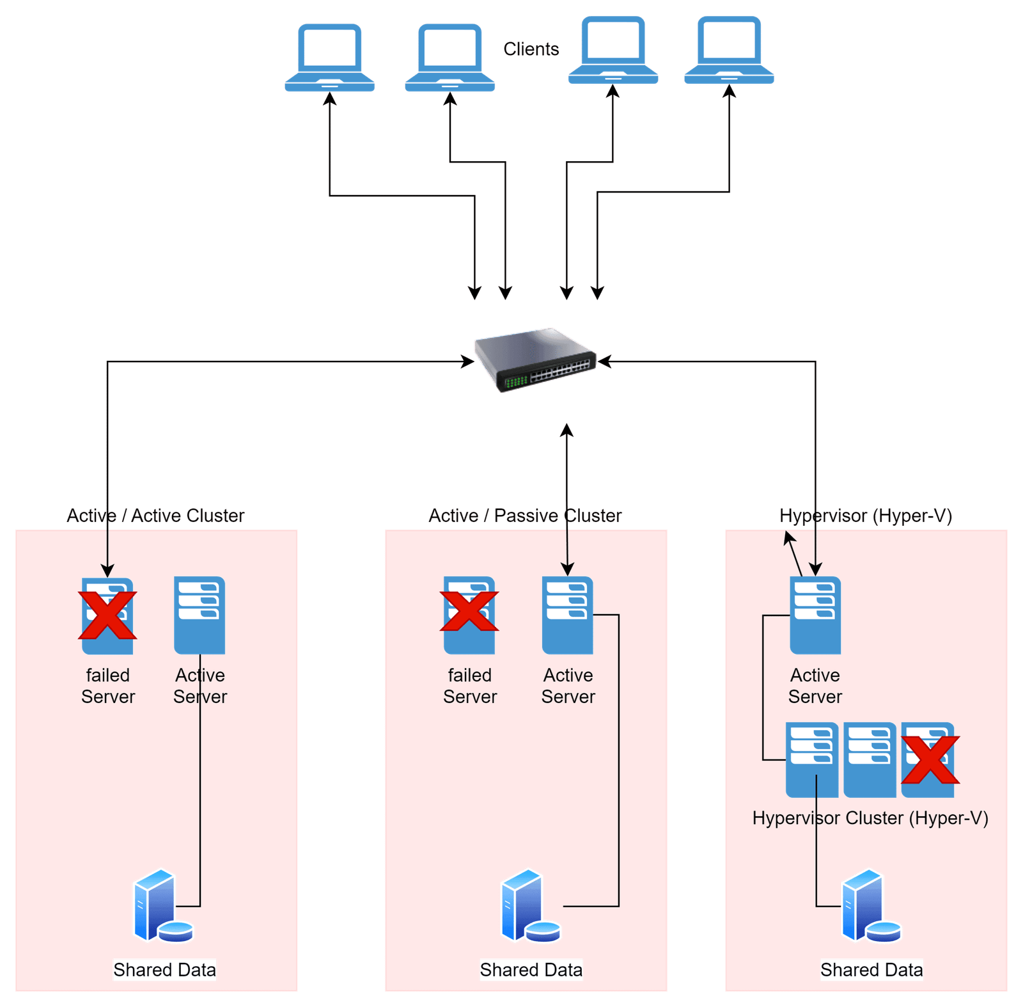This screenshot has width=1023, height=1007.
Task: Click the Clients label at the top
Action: pos(531,49)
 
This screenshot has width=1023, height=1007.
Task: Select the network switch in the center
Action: pos(535,359)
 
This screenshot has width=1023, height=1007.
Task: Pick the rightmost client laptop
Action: pos(729,51)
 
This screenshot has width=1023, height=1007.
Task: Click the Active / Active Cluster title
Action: pos(155,516)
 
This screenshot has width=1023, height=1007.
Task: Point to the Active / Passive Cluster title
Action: pos(525,516)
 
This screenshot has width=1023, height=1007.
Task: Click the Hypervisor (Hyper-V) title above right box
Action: pos(866,516)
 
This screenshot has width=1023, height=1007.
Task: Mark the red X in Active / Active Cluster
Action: pos(107,615)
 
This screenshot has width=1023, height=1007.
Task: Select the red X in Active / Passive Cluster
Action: pos(469,611)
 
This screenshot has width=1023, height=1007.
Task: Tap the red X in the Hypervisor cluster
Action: pos(930,759)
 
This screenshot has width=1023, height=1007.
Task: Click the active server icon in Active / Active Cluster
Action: pos(199,615)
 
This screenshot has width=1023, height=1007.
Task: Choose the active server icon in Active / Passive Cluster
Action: pos(567,615)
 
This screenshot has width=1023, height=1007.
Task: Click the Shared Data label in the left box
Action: pos(165,970)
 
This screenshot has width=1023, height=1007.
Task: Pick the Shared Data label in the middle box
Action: pos(531,970)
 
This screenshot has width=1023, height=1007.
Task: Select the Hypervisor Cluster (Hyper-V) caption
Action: pos(870,818)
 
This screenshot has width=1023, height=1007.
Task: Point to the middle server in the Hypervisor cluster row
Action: pos(870,759)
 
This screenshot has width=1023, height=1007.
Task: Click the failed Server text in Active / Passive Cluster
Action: pos(470,686)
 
